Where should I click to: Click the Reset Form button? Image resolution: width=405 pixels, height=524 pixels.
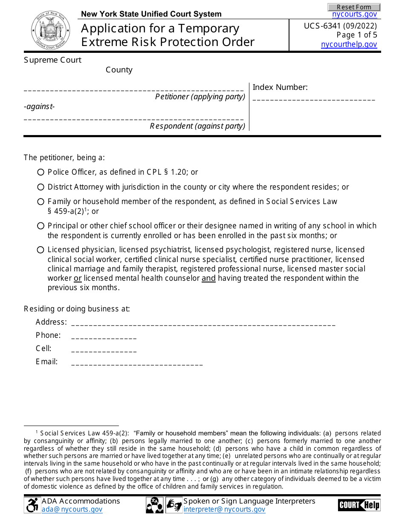point(354,7)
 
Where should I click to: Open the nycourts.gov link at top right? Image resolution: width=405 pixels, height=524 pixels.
point(354,14)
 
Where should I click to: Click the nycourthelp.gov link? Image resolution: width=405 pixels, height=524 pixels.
point(349,44)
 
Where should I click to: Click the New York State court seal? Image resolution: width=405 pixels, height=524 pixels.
point(47,30)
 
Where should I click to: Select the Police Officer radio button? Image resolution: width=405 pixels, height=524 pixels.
point(40,172)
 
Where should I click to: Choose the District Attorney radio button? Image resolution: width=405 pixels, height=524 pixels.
point(40,187)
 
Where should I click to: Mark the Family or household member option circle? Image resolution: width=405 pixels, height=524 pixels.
point(40,202)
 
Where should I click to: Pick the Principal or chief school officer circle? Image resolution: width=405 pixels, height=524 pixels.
point(40,226)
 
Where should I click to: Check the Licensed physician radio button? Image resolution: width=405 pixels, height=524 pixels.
point(40,250)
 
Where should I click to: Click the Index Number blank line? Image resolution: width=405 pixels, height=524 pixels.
point(314,99)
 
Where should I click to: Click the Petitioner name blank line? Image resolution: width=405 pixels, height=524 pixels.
point(133,89)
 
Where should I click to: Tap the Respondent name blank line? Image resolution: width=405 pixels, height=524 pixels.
point(133,119)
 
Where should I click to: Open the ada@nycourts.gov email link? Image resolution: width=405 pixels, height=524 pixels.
point(72,510)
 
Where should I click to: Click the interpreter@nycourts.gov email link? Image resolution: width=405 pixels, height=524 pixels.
point(224,510)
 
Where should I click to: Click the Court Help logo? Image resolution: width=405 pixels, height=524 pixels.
point(359,505)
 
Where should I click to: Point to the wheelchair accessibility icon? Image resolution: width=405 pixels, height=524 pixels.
point(32,505)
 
